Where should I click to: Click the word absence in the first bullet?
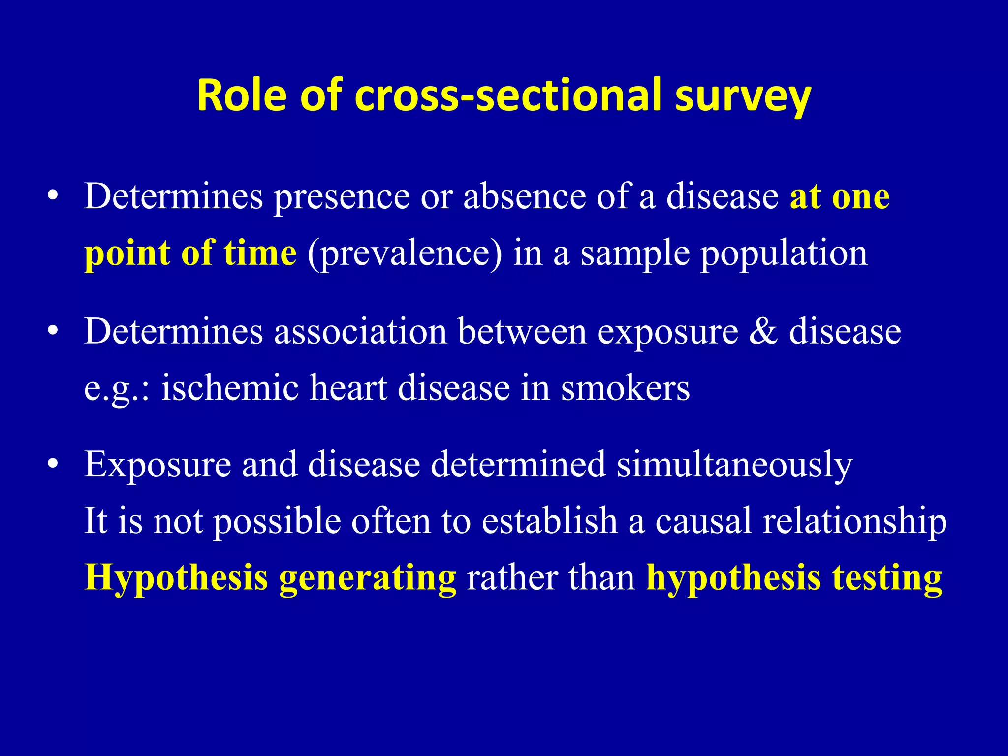click(524, 197)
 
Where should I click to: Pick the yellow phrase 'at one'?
click(840, 197)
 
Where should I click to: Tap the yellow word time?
click(260, 253)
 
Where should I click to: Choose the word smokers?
click(625, 388)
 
